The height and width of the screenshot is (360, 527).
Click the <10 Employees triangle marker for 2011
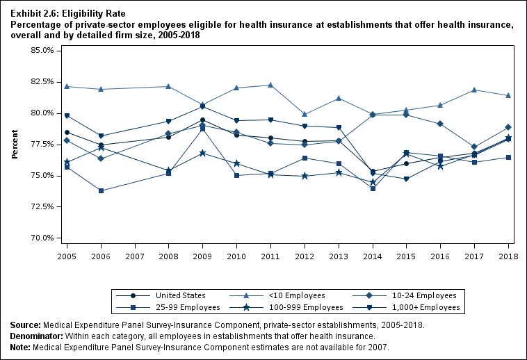(270, 85)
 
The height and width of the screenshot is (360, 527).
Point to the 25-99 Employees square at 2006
(102, 190)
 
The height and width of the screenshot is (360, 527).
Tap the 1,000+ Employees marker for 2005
(67, 116)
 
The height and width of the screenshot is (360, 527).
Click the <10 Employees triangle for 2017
(474, 90)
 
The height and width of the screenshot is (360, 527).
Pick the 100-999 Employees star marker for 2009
(202, 153)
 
